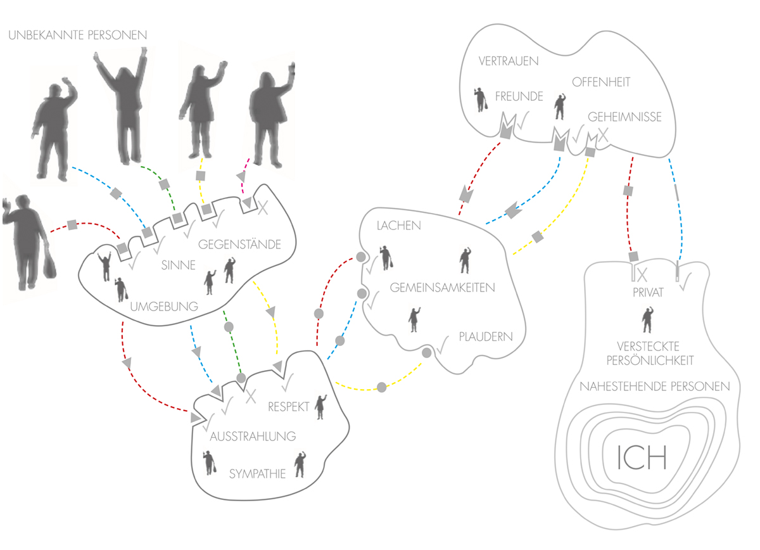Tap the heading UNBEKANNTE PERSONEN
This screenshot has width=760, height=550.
click(x=78, y=35)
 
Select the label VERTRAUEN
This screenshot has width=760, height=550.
click(x=509, y=61)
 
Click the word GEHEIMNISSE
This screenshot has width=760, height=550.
click(x=624, y=117)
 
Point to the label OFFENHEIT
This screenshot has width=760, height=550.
click(x=601, y=82)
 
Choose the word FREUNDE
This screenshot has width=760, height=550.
click(x=519, y=97)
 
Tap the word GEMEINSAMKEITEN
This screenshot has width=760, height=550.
click(x=442, y=287)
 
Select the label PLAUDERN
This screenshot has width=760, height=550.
click(x=486, y=336)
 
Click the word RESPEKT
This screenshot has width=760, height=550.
click(x=288, y=406)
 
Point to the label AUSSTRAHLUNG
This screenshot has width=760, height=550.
click(x=253, y=436)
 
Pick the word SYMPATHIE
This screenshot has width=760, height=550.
click(x=258, y=473)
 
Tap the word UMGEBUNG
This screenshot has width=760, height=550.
click(x=164, y=307)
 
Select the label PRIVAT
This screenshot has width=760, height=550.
click(x=647, y=293)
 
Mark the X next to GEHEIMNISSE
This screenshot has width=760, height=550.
click(x=604, y=134)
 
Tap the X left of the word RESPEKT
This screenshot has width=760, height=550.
click(x=250, y=397)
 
